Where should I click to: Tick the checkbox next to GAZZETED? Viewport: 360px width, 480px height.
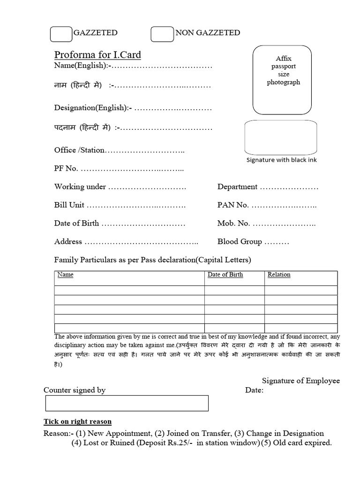click(x=60, y=34)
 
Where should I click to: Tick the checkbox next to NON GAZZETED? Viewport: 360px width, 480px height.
click(x=162, y=34)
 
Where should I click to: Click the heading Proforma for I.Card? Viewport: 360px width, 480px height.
click(x=97, y=55)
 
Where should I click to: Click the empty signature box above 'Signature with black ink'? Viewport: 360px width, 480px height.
click(x=281, y=136)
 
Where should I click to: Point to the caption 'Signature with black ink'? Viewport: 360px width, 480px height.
click(x=282, y=160)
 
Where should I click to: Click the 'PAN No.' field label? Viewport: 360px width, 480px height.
click(x=233, y=205)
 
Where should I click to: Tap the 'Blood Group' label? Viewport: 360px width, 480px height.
click(x=240, y=242)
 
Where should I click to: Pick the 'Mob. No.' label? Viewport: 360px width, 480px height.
click(x=233, y=224)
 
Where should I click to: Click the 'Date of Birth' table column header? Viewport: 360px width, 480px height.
click(x=225, y=275)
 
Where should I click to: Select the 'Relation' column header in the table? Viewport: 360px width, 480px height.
click(x=279, y=275)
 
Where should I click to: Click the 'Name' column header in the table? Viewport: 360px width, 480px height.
click(x=65, y=275)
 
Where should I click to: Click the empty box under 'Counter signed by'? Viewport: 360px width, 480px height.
click(x=127, y=403)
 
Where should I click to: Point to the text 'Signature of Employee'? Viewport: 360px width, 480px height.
click(x=300, y=381)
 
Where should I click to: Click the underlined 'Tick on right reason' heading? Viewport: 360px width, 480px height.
click(x=77, y=421)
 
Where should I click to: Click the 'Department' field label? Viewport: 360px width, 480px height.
click(x=237, y=187)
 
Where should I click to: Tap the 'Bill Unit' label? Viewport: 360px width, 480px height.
click(x=69, y=205)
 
